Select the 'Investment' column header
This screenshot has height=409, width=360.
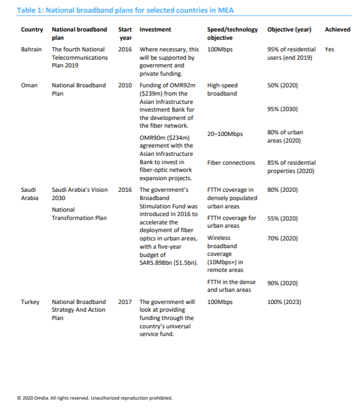pyautogui.click(x=155, y=29)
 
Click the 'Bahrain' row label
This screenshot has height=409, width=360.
pyautogui.click(x=32, y=50)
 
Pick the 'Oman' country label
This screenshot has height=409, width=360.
pyautogui.click(x=29, y=86)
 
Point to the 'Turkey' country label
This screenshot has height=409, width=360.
pyautogui.click(x=30, y=302)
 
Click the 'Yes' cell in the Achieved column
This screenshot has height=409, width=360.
pyautogui.click(x=330, y=50)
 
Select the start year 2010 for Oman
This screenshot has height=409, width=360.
pyautogui.click(x=125, y=86)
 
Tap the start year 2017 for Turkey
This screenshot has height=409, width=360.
pyautogui.click(x=125, y=302)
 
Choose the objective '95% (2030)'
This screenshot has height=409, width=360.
pyautogui.click(x=282, y=109)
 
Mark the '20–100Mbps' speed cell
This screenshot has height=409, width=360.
pyautogui.click(x=225, y=134)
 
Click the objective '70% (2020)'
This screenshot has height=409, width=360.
pyautogui.click(x=282, y=238)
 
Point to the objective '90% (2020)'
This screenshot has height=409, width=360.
pyautogui.click(x=282, y=283)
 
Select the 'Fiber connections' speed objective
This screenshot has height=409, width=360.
pyautogui.click(x=231, y=162)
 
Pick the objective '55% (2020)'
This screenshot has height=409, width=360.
pyautogui.click(x=282, y=218)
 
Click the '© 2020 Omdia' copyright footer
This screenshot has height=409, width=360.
pyautogui.click(x=95, y=397)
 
